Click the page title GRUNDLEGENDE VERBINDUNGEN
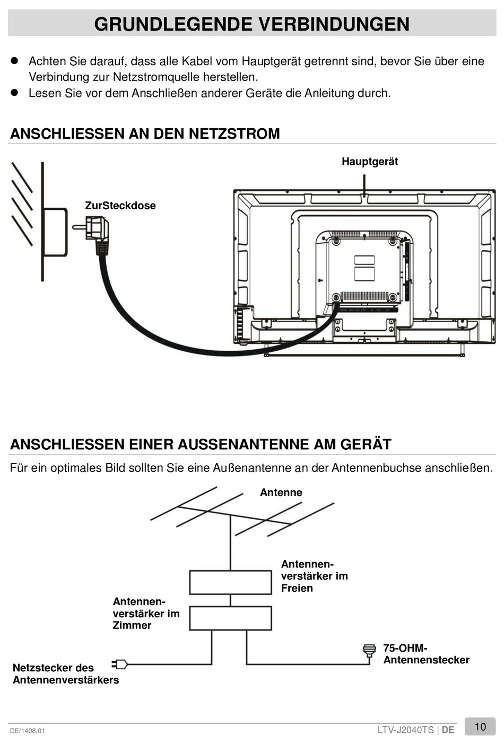[x=251, y=24]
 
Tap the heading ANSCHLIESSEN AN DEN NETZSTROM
[x=145, y=134]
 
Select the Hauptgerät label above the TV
[x=369, y=162]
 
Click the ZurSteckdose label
[x=120, y=206]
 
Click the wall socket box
[x=55, y=232]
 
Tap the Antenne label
[x=281, y=492]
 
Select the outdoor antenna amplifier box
[x=230, y=582]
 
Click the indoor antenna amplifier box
[x=230, y=618]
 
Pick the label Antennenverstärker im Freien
[x=314, y=576]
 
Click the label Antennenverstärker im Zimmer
[x=146, y=614]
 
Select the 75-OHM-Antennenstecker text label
[x=426, y=654]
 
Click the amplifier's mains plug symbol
[x=119, y=664]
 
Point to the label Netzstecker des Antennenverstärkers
[x=65, y=673]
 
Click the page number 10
[x=480, y=726]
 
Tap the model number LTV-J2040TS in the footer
[x=405, y=730]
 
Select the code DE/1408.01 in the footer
[x=28, y=731]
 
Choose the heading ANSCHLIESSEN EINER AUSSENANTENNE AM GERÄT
[x=201, y=444]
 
